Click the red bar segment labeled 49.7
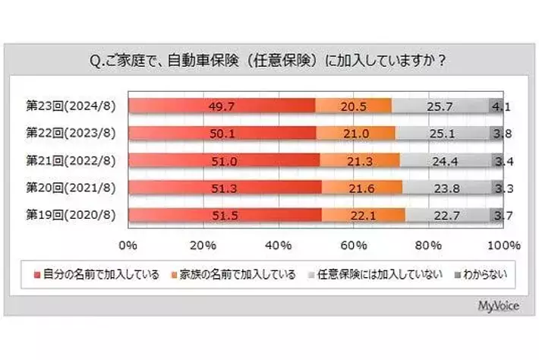221,106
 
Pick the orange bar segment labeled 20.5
353,106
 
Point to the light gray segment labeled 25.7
440,106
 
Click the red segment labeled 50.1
222,132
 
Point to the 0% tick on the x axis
128,245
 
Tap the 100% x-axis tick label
503,245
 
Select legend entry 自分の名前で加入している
96,274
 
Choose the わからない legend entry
481,274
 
